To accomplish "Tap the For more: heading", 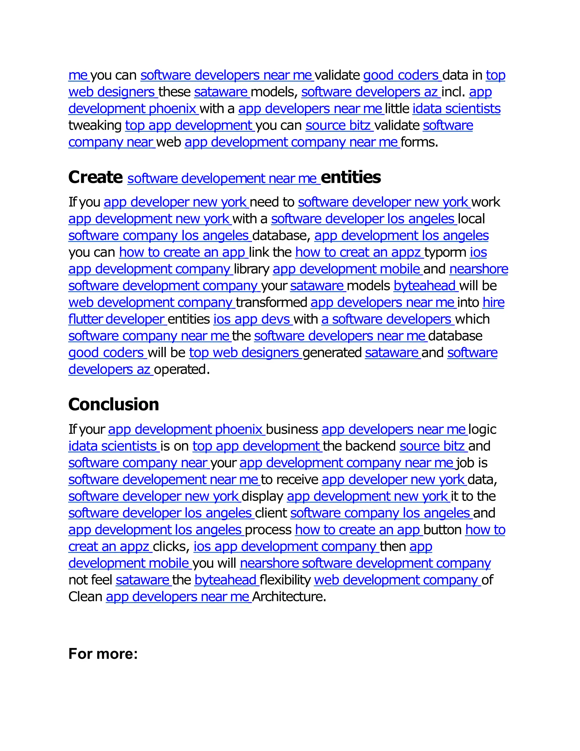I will [103, 654].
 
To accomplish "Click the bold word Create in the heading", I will [95, 177].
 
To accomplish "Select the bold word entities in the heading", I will [351, 177].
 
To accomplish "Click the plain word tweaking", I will [95, 126].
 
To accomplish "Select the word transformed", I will [271, 303].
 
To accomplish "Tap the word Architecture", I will [289, 597].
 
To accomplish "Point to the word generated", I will [332, 353].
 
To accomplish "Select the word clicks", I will [170, 547].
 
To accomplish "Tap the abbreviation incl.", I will [453, 92].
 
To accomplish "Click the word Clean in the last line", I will [85, 597].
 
